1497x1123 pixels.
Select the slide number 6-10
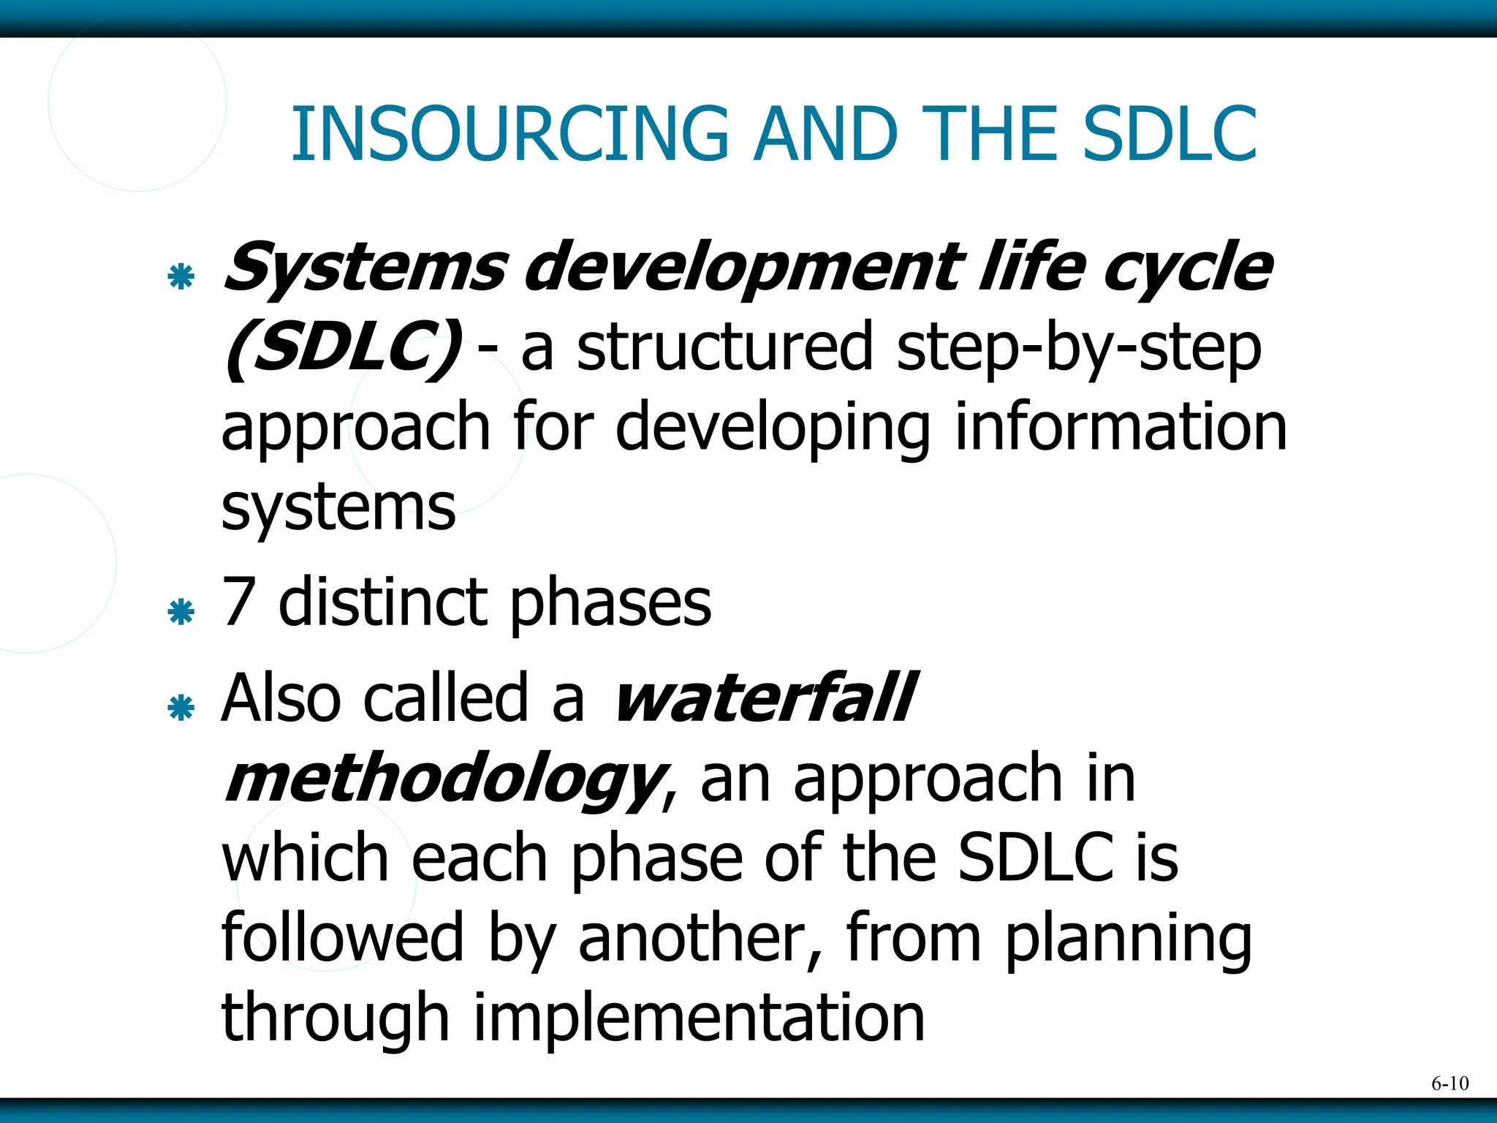(1449, 1084)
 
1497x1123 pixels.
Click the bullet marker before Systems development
(181, 277)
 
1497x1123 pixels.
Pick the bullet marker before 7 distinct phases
(181, 612)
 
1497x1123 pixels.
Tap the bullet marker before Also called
(181, 708)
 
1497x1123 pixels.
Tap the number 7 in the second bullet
(238, 602)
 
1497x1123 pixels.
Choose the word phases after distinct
(610, 605)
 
